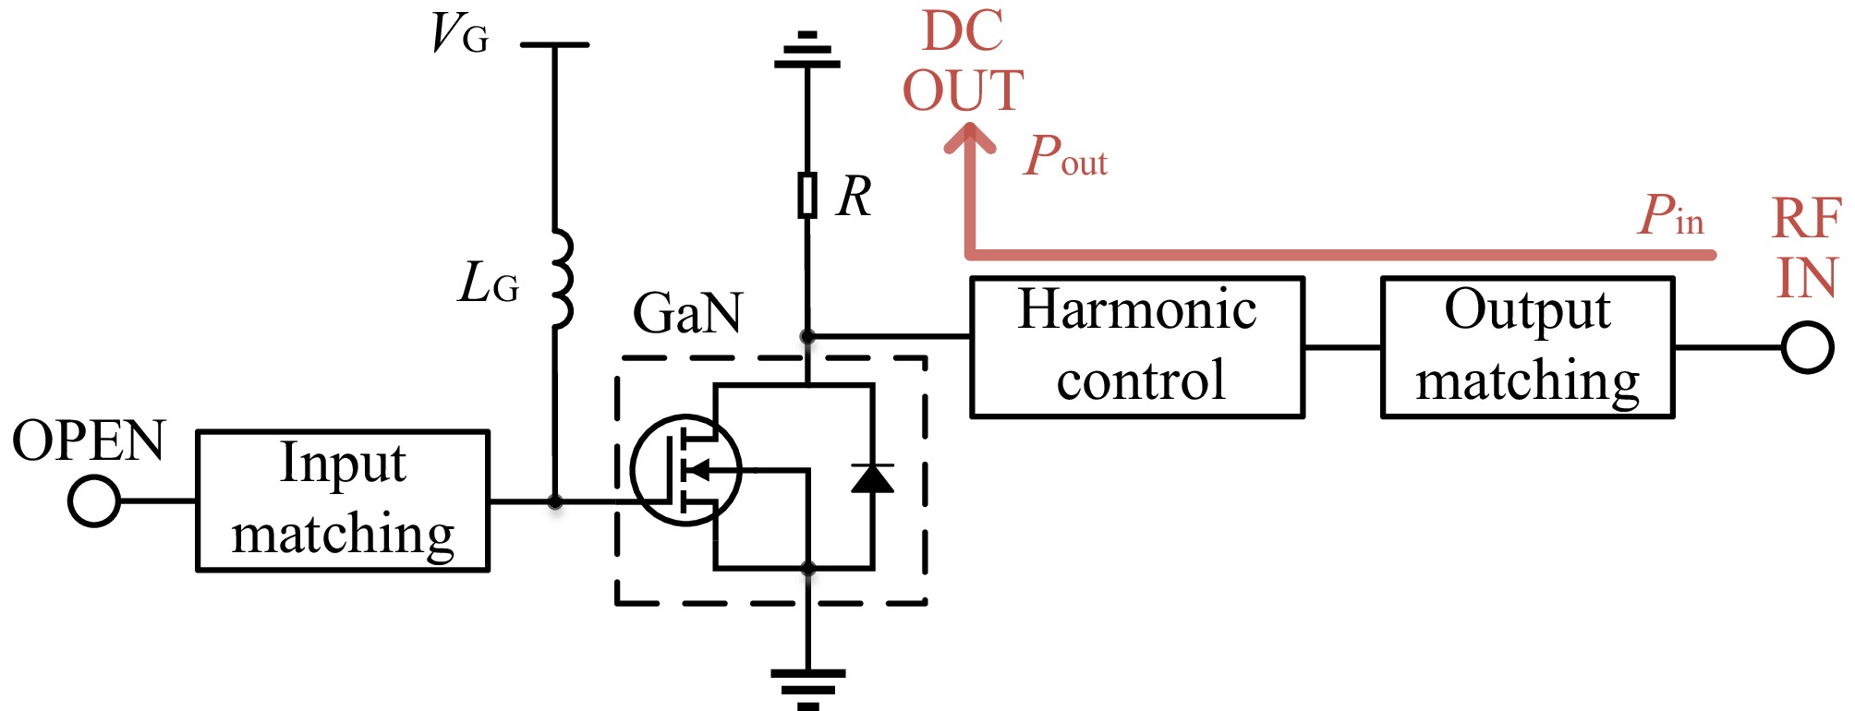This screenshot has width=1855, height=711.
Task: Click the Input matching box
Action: point(343,500)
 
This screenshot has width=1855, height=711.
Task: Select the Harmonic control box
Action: point(1137,347)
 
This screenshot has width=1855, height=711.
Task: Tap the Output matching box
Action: point(1527,347)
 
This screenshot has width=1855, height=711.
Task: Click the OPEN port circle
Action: point(94,501)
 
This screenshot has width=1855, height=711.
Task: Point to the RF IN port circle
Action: point(1807,347)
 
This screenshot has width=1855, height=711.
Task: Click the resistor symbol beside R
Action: point(807,195)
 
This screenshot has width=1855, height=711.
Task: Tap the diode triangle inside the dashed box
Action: point(871,477)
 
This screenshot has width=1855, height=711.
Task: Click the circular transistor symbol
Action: point(685,470)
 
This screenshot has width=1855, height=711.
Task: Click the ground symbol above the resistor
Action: point(807,53)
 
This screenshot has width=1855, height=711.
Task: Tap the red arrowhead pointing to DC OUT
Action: point(970,140)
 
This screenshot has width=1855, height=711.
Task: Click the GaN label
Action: point(687,313)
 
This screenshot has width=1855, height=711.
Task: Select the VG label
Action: point(459,35)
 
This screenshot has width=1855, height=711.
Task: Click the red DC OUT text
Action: point(963,62)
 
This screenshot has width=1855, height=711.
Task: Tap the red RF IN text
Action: point(1806,247)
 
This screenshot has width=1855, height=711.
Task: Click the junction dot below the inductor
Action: point(554,502)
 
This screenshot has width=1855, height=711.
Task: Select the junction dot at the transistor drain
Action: point(807,336)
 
